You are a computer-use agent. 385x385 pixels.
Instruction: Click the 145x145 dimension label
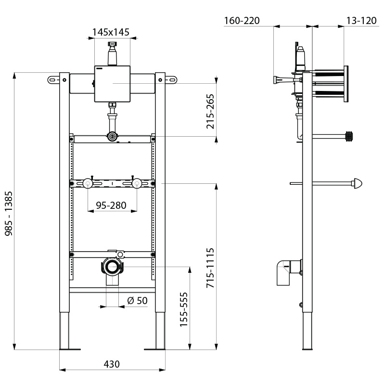(111, 32)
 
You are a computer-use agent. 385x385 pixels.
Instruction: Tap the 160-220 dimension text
(242, 20)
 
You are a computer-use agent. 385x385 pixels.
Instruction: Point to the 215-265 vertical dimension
(210, 112)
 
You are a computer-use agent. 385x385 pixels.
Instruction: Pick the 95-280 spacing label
(111, 205)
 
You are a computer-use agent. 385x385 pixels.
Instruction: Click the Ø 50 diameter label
(137, 300)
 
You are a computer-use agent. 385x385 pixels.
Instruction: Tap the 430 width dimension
(111, 364)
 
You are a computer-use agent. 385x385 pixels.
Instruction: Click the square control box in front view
(112, 83)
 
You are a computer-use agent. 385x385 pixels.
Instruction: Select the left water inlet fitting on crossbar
(88, 183)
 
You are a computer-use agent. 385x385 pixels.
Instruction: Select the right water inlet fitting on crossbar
(137, 183)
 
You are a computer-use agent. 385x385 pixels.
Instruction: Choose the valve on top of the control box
(112, 53)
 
